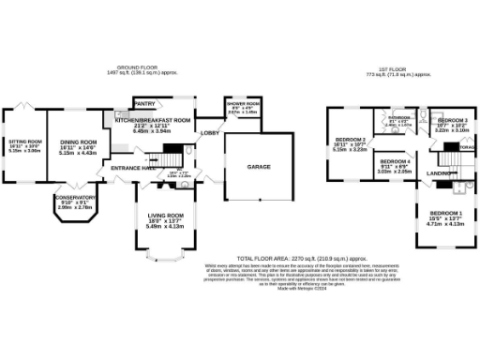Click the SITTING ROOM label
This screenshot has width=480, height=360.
click(x=24, y=139)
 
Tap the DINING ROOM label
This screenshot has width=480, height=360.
click(x=79, y=141)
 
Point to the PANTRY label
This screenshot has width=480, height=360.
click(x=145, y=103)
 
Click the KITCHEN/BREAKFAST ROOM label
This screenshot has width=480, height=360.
click(x=153, y=121)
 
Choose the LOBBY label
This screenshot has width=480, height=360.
click(x=208, y=133)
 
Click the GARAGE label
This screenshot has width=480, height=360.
click(x=259, y=166)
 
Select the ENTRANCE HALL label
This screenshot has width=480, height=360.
click(x=131, y=167)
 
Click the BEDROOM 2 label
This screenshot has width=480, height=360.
click(x=349, y=141)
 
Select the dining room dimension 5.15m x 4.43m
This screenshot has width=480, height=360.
click(x=79, y=153)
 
